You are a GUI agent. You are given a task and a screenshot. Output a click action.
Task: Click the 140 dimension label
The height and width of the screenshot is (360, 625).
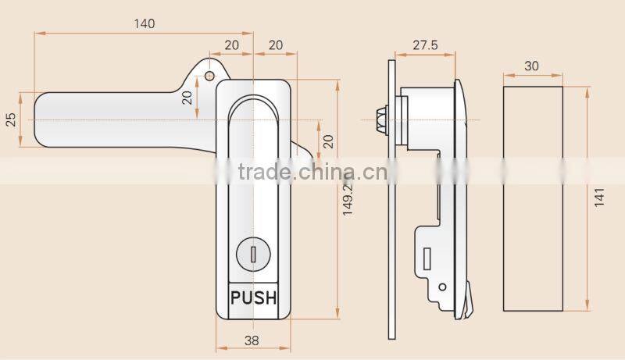[x=144, y=23]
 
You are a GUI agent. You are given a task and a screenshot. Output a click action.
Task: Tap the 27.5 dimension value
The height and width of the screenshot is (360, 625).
[x=424, y=46]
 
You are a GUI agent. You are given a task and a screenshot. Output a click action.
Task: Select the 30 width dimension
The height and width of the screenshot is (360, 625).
[x=531, y=66]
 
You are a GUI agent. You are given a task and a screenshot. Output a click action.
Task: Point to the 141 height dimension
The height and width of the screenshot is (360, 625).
[x=598, y=198]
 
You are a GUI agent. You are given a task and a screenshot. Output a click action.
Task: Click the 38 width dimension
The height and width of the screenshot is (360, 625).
[x=252, y=340]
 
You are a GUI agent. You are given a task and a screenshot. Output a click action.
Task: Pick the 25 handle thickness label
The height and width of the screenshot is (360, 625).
[x=11, y=119]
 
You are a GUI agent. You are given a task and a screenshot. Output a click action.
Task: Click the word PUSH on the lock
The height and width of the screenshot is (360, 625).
[x=253, y=298]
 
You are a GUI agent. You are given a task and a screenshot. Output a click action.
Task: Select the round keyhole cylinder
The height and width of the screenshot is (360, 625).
[x=252, y=253]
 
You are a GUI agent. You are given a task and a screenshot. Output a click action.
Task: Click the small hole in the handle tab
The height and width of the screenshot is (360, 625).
[x=209, y=76]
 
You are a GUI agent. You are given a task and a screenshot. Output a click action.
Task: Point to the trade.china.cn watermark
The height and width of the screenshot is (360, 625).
[x=311, y=172]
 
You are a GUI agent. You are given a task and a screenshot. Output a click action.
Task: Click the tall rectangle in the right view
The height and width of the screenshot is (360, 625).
[x=531, y=198]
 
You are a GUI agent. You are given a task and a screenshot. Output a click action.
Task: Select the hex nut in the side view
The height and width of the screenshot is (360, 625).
[x=384, y=119]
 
